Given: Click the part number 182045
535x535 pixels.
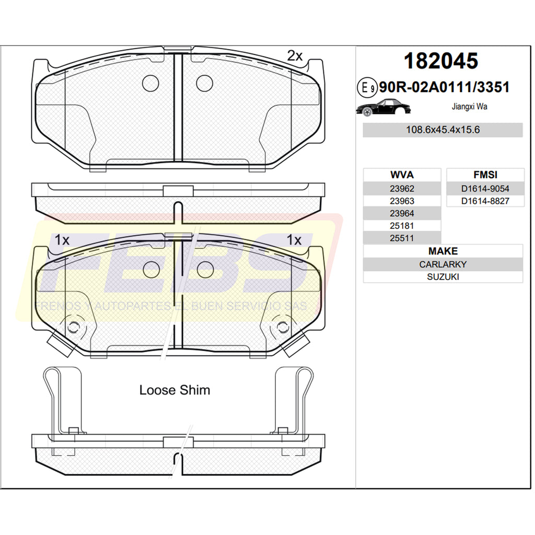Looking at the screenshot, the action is (441, 61).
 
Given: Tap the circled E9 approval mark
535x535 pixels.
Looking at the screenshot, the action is (367, 88).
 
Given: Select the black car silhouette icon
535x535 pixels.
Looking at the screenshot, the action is (383, 108).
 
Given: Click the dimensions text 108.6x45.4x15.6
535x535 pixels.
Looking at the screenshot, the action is (443, 130).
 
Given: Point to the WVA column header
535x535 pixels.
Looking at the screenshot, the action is (402, 175).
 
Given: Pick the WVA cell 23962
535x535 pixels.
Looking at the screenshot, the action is (402, 189).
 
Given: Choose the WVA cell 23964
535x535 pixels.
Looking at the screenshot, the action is (402, 214).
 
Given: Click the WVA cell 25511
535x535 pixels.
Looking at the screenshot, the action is (402, 238).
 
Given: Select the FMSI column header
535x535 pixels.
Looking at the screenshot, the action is (485, 175).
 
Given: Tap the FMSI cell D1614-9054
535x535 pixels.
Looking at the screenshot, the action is (485, 189).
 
